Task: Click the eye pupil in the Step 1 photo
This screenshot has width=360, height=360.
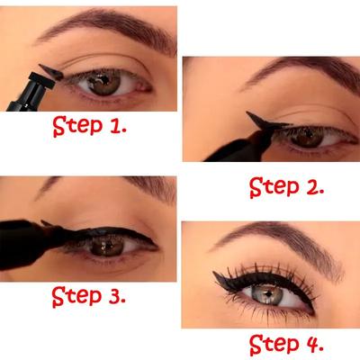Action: [104, 84]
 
